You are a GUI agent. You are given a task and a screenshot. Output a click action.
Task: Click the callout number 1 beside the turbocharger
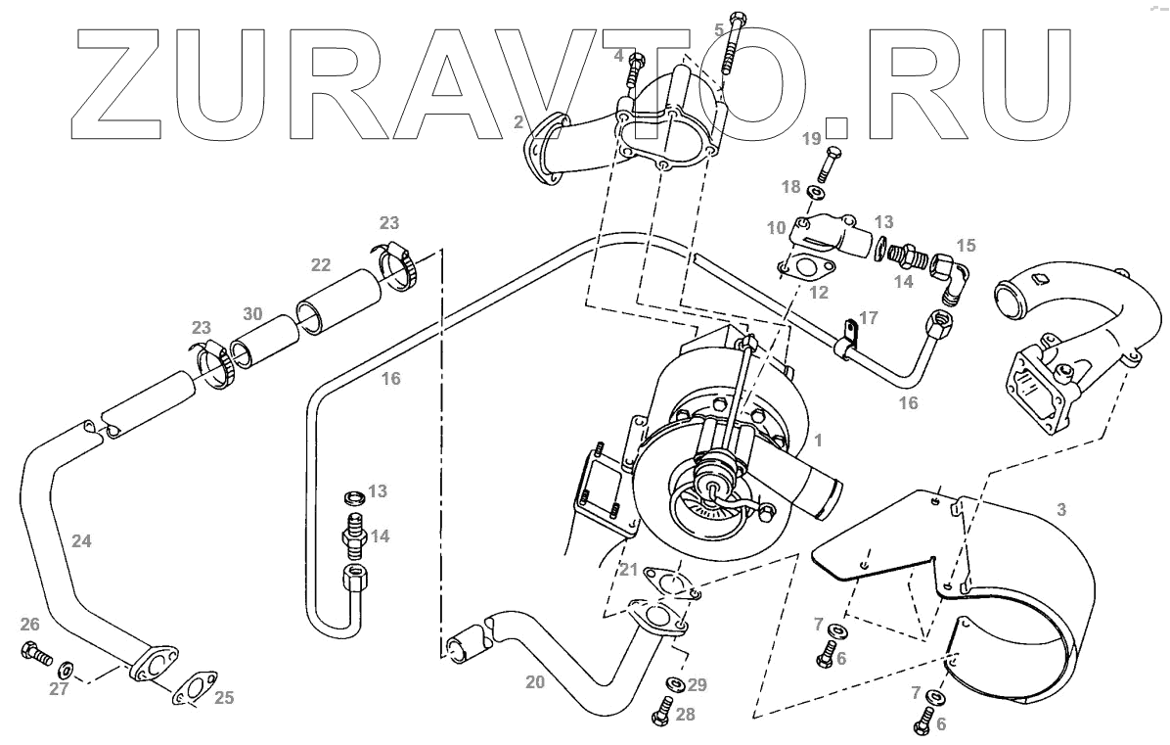[x=818, y=442]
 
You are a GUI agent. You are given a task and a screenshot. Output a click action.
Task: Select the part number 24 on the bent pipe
[x=82, y=539]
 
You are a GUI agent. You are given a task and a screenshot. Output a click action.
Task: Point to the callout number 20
[x=534, y=683]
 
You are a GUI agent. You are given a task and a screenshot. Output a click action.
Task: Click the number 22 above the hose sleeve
[x=321, y=265]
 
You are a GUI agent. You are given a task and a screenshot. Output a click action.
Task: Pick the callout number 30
[x=253, y=314]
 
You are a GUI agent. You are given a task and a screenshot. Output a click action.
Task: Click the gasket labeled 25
[x=195, y=685]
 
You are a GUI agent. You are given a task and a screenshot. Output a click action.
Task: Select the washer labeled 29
[x=674, y=682]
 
